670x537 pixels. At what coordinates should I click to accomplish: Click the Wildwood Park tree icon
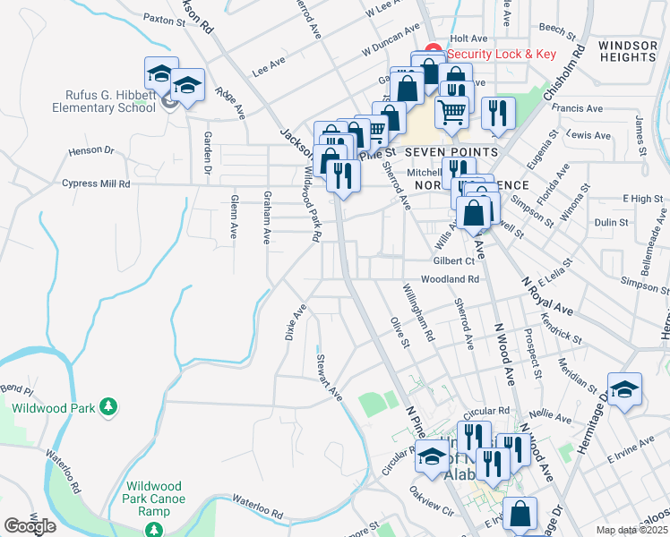108,407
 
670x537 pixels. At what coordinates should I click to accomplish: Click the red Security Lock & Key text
502,54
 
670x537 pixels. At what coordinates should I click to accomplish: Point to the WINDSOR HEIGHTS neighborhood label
627,50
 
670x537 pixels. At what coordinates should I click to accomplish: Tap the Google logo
30,525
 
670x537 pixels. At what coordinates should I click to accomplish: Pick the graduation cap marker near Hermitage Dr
624,390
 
